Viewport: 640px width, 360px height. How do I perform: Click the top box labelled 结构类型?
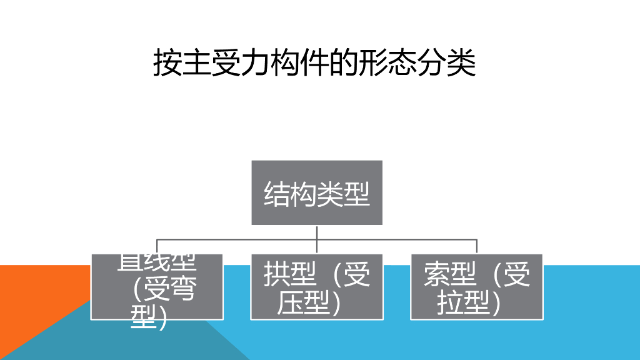[317, 192]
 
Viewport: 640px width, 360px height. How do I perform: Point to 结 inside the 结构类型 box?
[277, 193]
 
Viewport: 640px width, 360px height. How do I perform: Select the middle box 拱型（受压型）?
[317, 286]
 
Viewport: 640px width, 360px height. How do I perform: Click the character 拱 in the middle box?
[277, 275]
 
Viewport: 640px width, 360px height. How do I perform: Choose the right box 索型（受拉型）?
[477, 286]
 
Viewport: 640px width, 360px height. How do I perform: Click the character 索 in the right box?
[437, 275]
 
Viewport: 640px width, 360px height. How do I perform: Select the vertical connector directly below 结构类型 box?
[317, 232]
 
